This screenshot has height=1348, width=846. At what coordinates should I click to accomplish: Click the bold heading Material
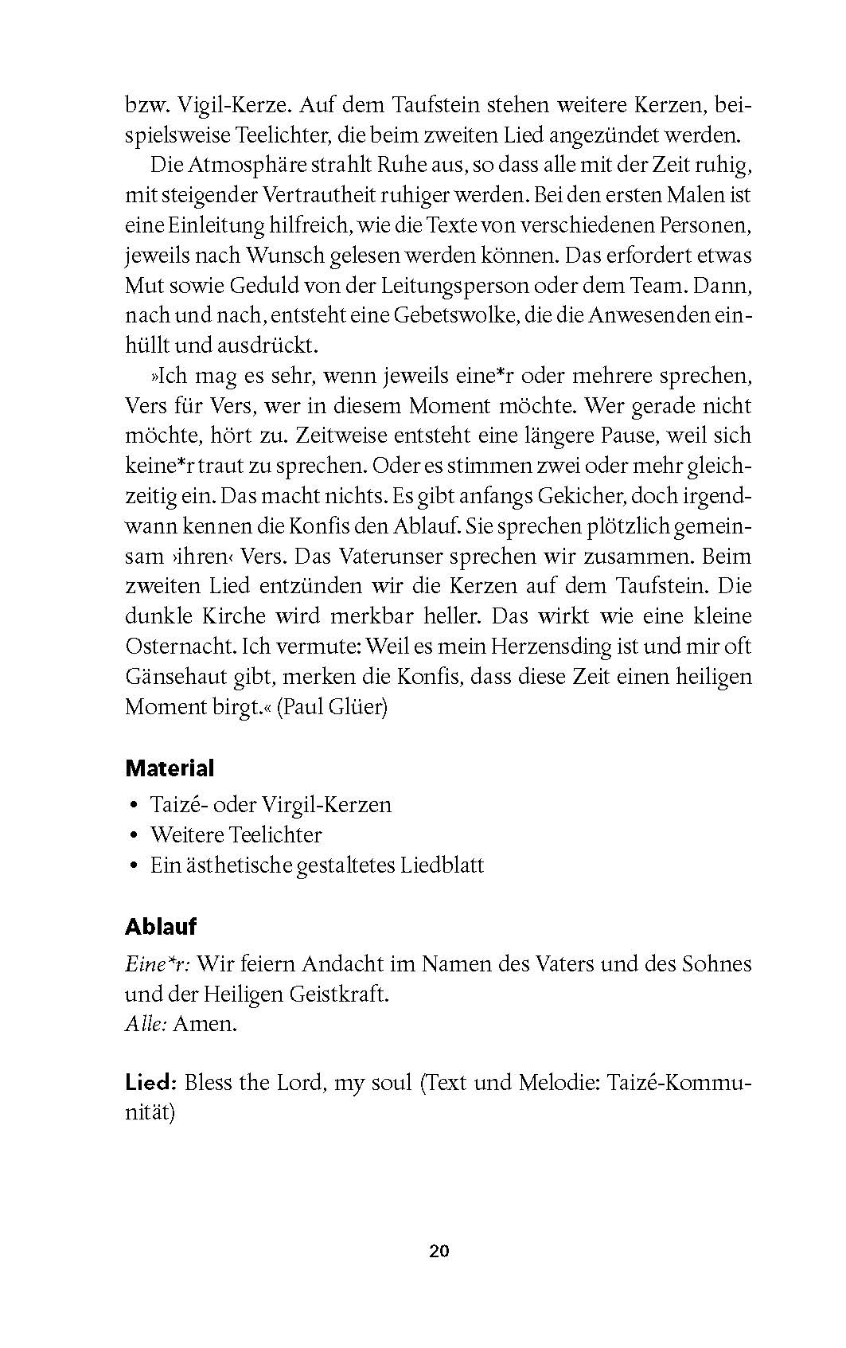(x=170, y=768)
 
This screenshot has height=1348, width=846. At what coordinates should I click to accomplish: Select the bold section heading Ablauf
(x=161, y=927)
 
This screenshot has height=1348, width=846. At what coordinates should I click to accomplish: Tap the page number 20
(x=439, y=1251)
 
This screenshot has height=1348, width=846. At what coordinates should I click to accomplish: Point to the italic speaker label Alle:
(x=146, y=1024)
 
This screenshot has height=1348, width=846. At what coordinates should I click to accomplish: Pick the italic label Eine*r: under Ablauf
(x=157, y=964)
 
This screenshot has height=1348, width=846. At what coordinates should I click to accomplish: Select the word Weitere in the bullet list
(x=186, y=835)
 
